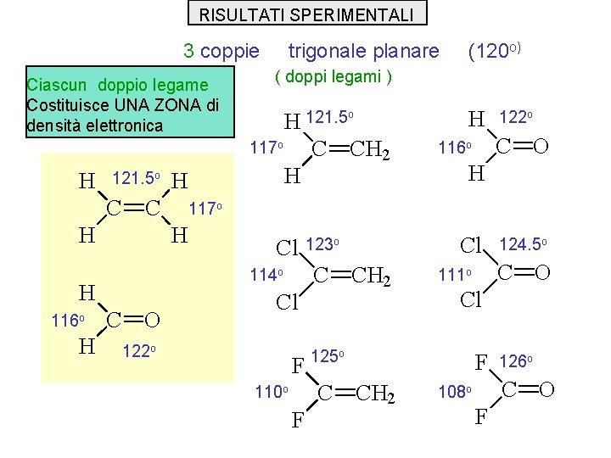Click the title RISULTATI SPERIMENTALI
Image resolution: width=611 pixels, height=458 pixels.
[x=306, y=14]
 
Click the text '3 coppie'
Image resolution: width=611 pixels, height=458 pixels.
[x=221, y=51]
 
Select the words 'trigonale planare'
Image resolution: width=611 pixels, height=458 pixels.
[x=364, y=51]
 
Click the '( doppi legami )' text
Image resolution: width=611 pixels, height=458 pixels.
[x=334, y=77]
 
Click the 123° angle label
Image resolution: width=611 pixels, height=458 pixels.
[x=322, y=243]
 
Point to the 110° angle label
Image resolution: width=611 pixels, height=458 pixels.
[x=272, y=391]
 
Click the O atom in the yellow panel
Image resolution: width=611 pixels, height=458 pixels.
[x=151, y=320]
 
